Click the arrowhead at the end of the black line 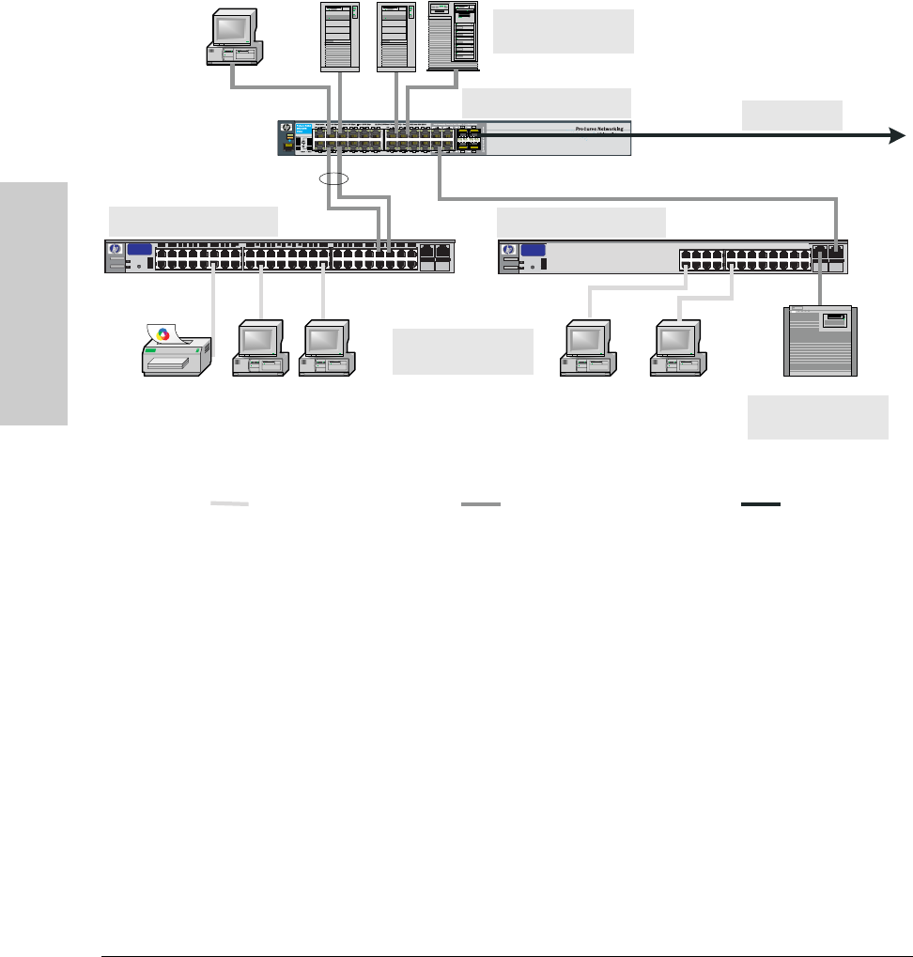[x=897, y=137]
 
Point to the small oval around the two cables [x=333, y=178]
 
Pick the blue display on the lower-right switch [x=533, y=250]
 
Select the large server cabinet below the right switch [x=819, y=340]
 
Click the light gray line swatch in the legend [x=229, y=504]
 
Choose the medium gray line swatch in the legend [x=481, y=504]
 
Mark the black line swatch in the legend [x=761, y=504]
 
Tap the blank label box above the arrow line [x=792, y=114]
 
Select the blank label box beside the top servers [x=563, y=32]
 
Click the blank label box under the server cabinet [x=817, y=417]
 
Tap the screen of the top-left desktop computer [x=231, y=27]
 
